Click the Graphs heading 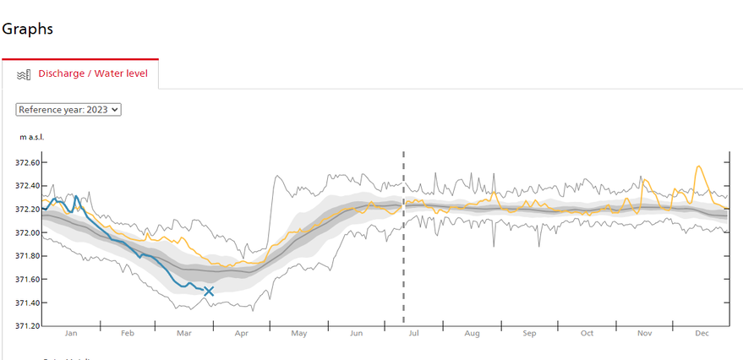(x=27, y=29)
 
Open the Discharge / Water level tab (x=93, y=74)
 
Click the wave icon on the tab (x=25, y=74)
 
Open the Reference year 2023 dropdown (x=69, y=109)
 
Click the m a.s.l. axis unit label (x=31, y=136)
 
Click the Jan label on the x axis (x=71, y=334)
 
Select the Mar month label (x=184, y=334)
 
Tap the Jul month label (x=414, y=334)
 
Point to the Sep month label (x=529, y=334)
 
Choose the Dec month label (x=702, y=334)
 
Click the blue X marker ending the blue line (x=209, y=292)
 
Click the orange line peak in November (x=645, y=180)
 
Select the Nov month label (x=645, y=334)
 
